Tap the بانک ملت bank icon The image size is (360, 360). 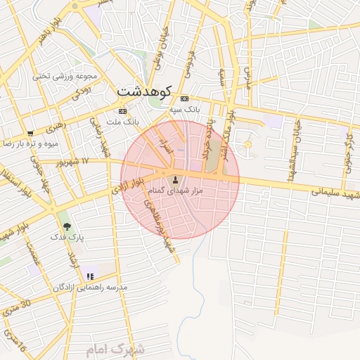[123, 111]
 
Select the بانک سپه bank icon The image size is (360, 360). [184, 99]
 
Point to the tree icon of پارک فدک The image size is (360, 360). [67, 226]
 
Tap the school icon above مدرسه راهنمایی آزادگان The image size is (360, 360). [89, 276]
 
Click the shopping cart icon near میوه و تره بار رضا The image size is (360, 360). [30, 133]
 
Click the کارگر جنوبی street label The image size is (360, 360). [350, 148]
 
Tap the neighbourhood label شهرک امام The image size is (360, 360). [116, 349]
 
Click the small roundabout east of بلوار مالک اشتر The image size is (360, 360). [247, 145]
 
